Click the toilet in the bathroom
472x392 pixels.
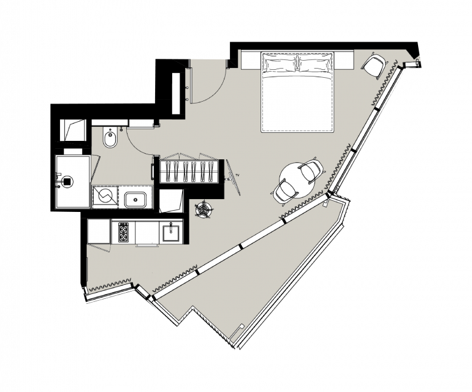click(x=110, y=137)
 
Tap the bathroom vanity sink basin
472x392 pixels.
click(x=135, y=200)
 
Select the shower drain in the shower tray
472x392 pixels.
click(x=67, y=181)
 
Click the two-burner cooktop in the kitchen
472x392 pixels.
click(x=123, y=232)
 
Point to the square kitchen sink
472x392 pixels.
click(x=171, y=233)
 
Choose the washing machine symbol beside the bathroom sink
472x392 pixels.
click(x=105, y=197)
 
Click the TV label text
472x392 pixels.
click(x=237, y=175)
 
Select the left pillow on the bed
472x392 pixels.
click(x=279, y=64)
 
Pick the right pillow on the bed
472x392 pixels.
click(x=314, y=64)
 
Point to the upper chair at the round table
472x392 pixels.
click(x=311, y=170)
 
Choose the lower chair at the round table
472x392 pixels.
click(x=284, y=192)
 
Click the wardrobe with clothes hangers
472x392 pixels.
click(x=189, y=171)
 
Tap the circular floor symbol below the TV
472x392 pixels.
click(x=204, y=208)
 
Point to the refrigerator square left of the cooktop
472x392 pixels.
click(x=99, y=231)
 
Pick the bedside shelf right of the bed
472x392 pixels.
click(x=343, y=61)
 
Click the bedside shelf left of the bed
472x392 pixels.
click(x=251, y=61)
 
